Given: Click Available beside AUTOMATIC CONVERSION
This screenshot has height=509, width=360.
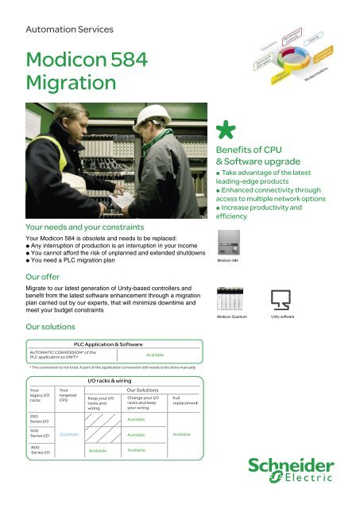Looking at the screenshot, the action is pos(155,355).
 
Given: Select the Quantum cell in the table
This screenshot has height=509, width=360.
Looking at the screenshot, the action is pos(69,434).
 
